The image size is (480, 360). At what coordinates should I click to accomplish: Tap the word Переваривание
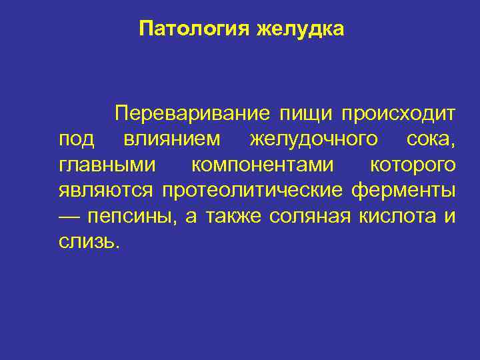pos(192,114)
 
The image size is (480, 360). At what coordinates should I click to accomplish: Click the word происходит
pos(399,114)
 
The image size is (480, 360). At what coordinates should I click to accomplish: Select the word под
pos(77,140)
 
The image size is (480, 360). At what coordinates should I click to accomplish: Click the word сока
pos(431,139)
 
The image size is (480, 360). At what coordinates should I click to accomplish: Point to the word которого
pos(413,165)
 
